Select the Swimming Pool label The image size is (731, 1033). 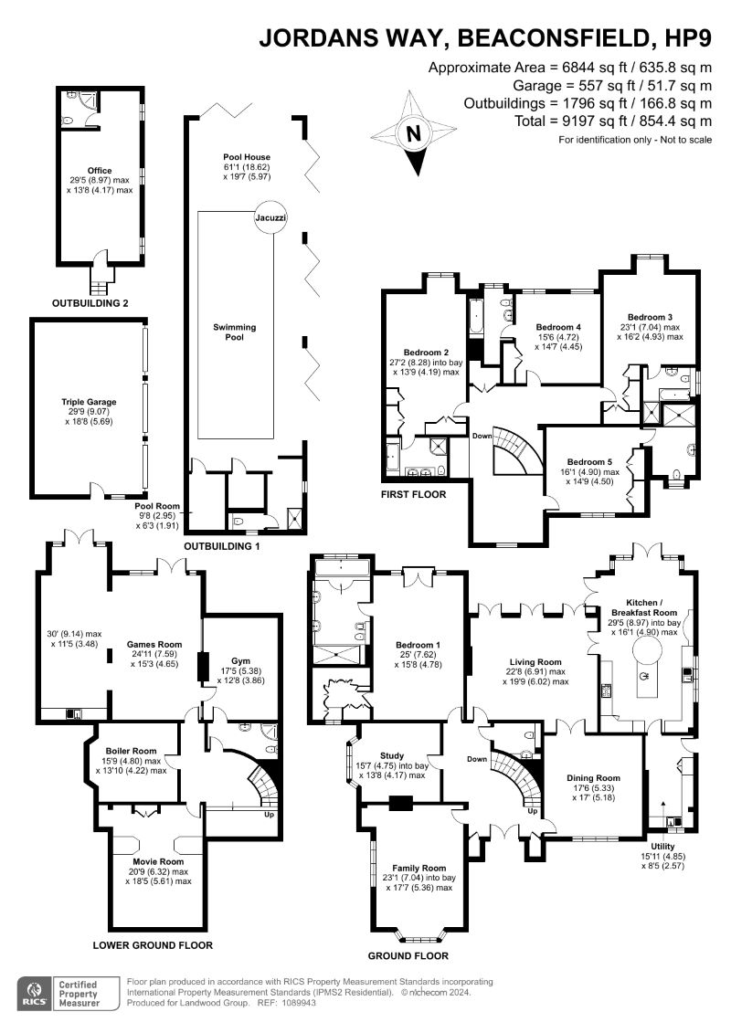coord(235,332)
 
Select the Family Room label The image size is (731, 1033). coord(418,867)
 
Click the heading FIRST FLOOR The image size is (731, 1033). coord(413,494)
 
